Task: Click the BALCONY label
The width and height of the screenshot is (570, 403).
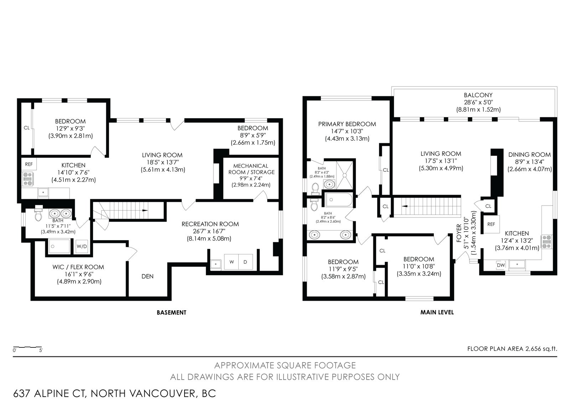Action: point(478,95)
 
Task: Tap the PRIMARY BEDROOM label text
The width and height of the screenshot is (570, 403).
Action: point(347,124)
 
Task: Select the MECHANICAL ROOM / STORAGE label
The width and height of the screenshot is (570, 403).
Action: point(252,169)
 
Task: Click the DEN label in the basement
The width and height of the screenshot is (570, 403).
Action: point(147,277)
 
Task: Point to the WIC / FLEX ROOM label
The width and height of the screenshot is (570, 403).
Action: point(78,267)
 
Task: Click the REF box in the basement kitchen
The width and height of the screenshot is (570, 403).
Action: point(29,164)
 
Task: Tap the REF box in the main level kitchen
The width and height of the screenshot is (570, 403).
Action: point(491,224)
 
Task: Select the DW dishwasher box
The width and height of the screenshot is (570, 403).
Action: point(501,265)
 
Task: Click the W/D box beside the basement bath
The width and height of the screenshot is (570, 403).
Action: point(82,246)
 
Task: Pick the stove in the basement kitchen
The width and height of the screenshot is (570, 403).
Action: point(27,179)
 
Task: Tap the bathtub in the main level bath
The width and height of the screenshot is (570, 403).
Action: point(339,200)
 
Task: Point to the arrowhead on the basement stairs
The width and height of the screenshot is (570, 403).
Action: point(145,211)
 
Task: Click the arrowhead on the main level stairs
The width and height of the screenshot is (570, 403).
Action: point(404,206)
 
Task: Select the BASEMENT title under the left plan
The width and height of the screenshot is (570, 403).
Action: point(171,312)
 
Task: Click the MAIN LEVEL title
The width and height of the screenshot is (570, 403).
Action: point(437,312)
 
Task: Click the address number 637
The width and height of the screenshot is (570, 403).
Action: point(22,394)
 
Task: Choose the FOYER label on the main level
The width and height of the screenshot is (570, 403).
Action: point(459,233)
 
